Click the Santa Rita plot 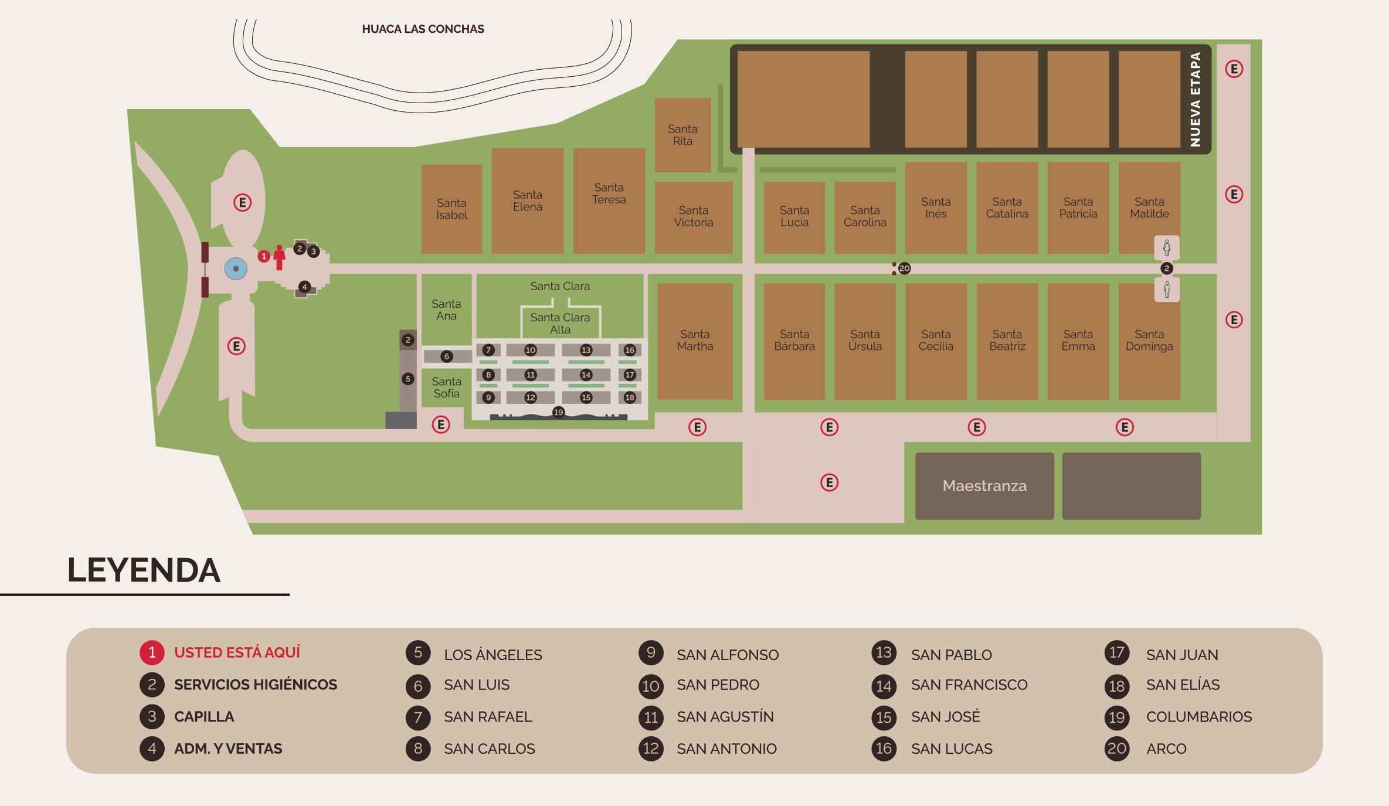tap(682, 135)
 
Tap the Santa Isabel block tap(451, 209)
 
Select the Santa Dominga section tap(1149, 341)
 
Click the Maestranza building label tap(984, 486)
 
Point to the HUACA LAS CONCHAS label tap(423, 29)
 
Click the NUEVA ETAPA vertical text tap(1195, 100)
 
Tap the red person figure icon tap(280, 257)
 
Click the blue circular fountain tap(236, 269)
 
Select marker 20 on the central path tap(904, 268)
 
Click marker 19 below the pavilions tap(558, 412)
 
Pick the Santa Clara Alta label tap(560, 324)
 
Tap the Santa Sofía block tap(446, 387)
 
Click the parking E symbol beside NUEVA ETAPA tap(1234, 69)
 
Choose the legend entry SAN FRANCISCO tap(969, 685)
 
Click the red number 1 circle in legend tap(152, 652)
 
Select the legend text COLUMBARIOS tap(1198, 717)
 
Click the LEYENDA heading tap(144, 570)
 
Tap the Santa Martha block tap(695, 341)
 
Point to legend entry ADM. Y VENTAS tap(227, 749)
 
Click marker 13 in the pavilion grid tap(586, 350)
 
